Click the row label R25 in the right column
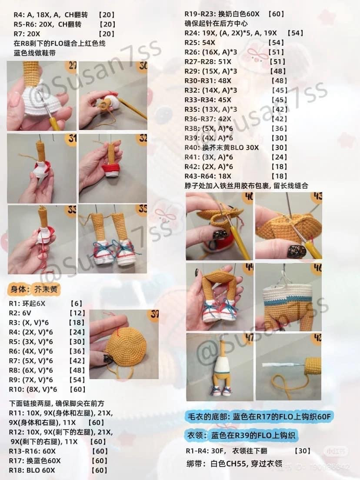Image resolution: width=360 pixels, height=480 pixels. click(193, 43)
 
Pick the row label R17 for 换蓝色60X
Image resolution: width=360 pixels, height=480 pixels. click(17, 460)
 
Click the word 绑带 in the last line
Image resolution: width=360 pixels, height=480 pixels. click(193, 463)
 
